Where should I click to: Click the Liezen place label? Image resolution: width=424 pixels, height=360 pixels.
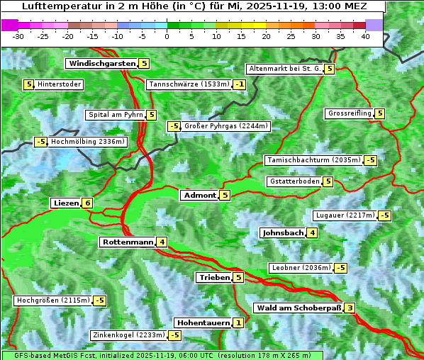66,203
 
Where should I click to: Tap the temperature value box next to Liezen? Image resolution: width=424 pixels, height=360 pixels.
87,203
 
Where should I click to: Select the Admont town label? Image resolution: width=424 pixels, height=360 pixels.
199,195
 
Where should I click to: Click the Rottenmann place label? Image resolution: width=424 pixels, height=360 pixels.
128,242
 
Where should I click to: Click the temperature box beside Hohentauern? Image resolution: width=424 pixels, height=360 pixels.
238,323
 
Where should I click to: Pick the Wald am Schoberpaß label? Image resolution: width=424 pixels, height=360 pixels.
299,308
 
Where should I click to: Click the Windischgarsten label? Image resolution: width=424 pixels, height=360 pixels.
102,64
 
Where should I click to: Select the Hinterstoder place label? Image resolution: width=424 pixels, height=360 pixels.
60,85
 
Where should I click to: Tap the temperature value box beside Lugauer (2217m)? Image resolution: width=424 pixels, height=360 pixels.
384,215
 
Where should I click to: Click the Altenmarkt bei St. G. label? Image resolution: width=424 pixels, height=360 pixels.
284,69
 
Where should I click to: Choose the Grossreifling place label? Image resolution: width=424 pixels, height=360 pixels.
350,113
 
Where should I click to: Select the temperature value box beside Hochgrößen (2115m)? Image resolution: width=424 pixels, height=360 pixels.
99,300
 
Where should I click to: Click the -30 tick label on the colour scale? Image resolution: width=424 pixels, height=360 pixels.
18,36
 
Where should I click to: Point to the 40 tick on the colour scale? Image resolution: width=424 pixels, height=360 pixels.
365,36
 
